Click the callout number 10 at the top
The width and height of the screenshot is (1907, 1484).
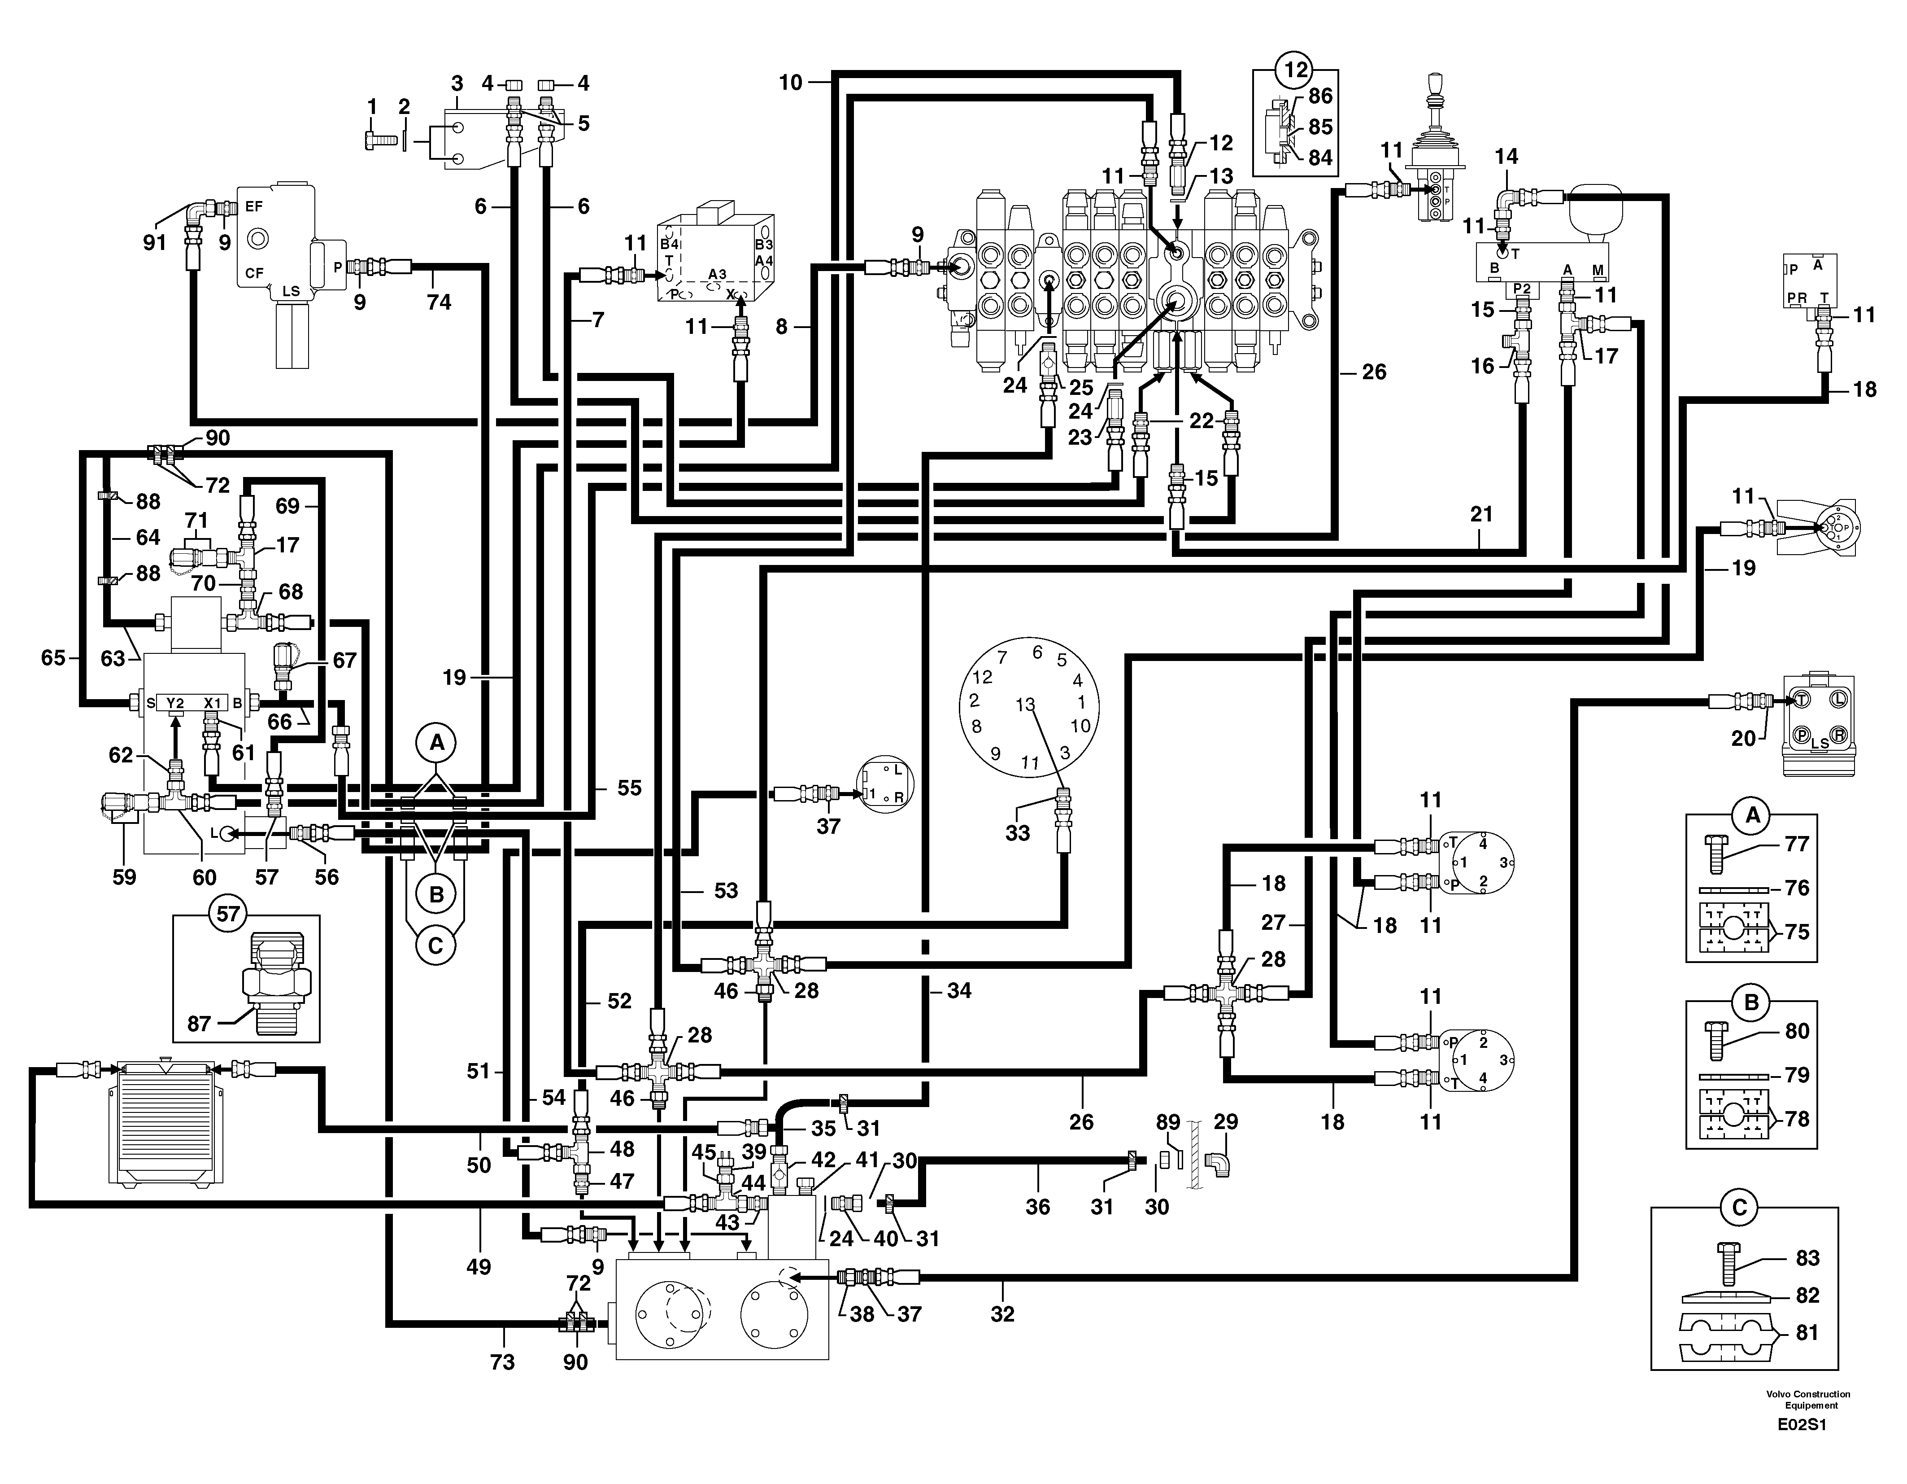(x=790, y=83)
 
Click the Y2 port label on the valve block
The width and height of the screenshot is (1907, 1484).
(x=175, y=702)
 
